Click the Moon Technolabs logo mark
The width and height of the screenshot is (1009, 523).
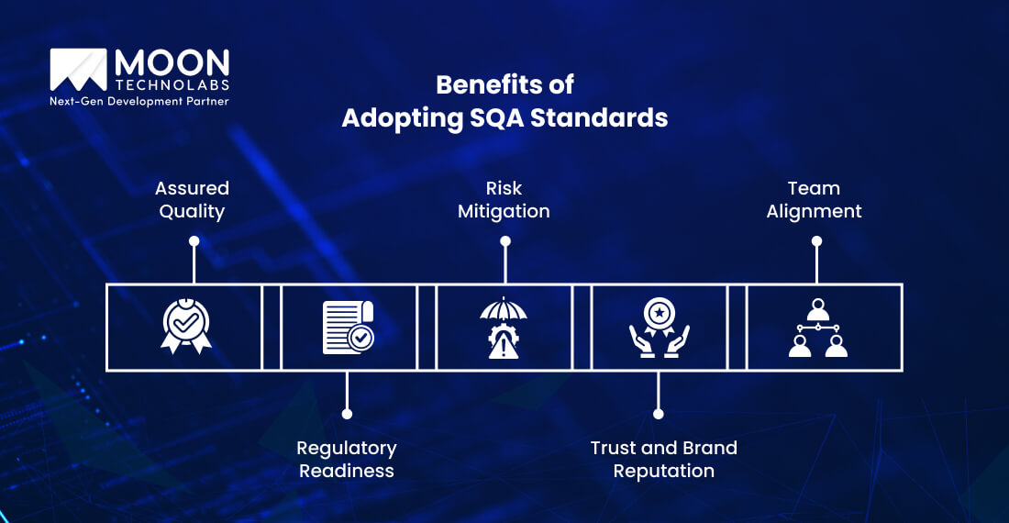[x=80, y=72]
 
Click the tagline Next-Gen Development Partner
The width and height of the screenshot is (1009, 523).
[x=139, y=101]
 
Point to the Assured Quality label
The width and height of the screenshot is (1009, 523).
[x=192, y=199]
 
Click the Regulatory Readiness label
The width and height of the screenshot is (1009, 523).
[x=346, y=459]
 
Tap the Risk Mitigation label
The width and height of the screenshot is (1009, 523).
[x=504, y=199]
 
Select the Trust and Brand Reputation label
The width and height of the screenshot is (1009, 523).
[x=663, y=459]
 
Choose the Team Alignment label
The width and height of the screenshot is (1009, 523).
[x=814, y=199]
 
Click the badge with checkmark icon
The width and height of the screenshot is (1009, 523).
[x=186, y=327]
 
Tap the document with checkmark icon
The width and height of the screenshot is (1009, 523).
[x=348, y=327]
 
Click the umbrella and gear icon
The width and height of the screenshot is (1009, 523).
[x=504, y=327]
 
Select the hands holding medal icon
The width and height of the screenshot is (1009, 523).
[x=659, y=327]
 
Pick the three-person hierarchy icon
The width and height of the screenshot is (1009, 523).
[x=817, y=327]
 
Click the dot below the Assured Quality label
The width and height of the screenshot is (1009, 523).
[x=194, y=241]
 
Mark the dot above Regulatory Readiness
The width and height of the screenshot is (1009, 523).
[x=346, y=414]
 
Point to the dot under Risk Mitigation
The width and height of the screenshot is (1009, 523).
[x=504, y=241]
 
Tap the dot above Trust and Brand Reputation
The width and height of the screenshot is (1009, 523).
[x=658, y=414]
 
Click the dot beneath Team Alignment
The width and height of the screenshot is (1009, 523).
[x=816, y=241]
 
